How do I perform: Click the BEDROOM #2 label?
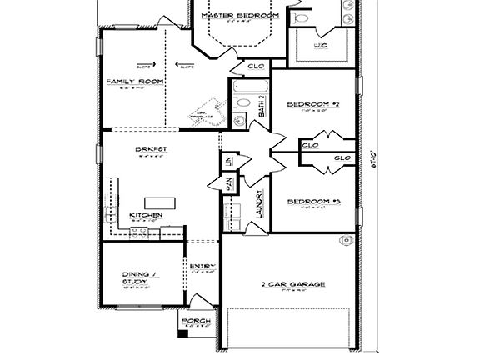[x=313, y=104]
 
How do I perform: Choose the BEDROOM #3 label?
[x=313, y=202]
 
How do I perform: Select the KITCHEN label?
[x=145, y=215]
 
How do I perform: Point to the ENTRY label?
[x=202, y=267]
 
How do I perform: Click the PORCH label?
[x=196, y=321]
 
